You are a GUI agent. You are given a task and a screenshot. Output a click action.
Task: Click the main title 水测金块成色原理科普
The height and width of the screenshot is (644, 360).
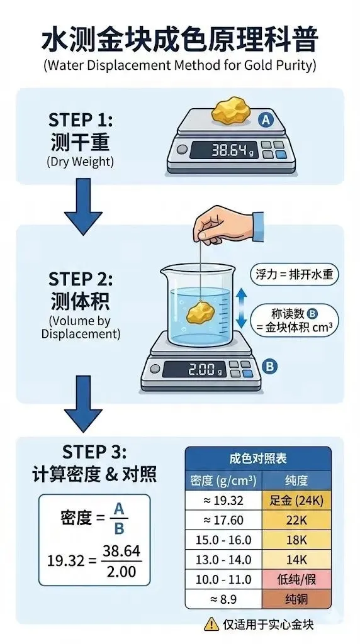179,39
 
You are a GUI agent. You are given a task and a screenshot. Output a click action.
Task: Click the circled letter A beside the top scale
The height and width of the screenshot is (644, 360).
266,120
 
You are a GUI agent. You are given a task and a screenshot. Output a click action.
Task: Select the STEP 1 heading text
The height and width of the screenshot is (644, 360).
80,119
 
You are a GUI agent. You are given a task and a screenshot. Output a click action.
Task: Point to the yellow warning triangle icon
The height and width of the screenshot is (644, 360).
208,623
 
